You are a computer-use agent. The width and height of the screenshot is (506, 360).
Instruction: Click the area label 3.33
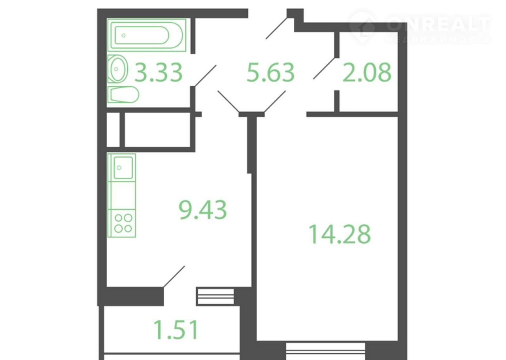coord(159,72)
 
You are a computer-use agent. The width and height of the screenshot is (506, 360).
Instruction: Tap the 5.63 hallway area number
coord(270,72)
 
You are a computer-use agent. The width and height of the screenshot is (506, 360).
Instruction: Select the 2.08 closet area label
coord(367,72)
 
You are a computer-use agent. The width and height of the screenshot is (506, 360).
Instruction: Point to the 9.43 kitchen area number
coord(203,210)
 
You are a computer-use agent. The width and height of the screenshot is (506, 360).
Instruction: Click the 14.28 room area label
coord(340,234)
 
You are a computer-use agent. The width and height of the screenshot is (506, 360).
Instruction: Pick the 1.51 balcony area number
coord(176,330)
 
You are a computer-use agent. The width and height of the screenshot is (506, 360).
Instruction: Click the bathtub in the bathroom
coord(147,35)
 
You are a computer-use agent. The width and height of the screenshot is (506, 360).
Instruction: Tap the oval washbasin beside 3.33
coord(118,69)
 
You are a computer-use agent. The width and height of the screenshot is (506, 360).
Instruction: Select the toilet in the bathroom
coord(123,95)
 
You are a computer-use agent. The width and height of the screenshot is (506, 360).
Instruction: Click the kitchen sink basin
coord(123,168)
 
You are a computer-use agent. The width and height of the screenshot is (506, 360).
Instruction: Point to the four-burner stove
coord(122,223)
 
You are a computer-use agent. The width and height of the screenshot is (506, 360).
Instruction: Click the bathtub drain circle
coord(124,35)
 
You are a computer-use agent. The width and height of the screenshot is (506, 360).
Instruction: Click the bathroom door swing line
coord(206,76)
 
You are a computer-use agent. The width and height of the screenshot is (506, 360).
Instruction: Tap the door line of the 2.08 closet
coord(324,68)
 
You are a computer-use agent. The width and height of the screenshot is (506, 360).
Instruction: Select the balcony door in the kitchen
coord(174,277)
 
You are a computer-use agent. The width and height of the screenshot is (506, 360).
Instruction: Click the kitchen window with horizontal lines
coord(215,296)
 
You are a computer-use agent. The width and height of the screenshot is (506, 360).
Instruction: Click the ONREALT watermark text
coord(438,24)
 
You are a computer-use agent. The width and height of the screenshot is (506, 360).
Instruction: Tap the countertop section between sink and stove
coord(122,195)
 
